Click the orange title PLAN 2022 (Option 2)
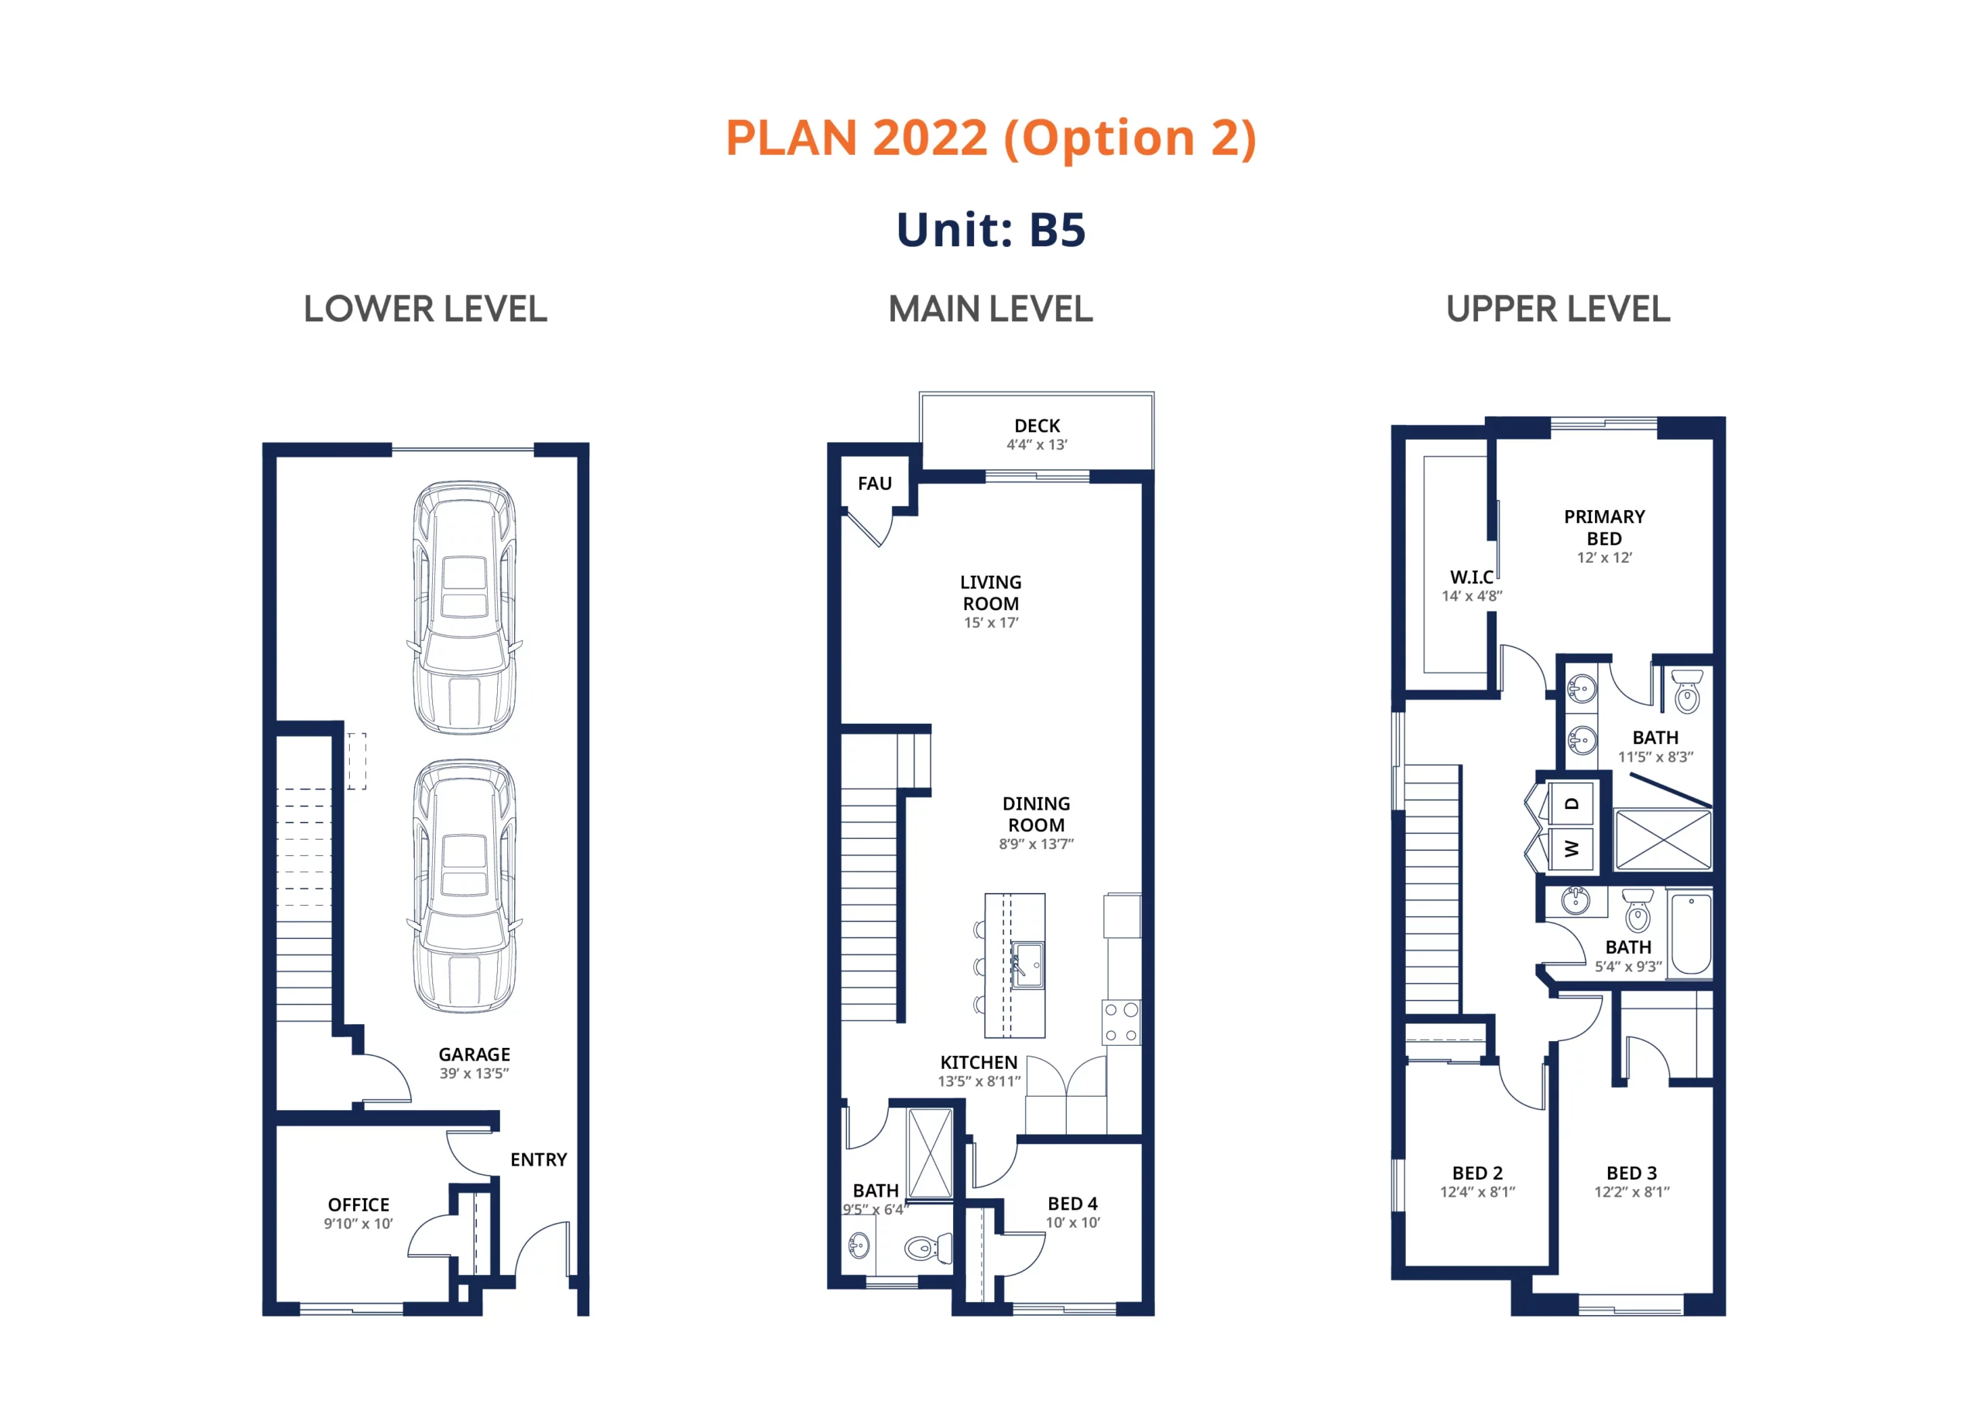990,138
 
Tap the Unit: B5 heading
990,230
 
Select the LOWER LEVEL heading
425,309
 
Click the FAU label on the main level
874,484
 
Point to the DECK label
1037,426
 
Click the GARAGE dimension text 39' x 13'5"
474,1073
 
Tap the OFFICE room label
358,1204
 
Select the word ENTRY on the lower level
539,1160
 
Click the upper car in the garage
465,608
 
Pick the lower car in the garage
465,885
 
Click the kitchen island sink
1027,964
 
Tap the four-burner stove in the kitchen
1121,1022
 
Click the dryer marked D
1572,803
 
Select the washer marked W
1572,848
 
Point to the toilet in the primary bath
1687,690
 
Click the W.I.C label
1472,577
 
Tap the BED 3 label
1631,1173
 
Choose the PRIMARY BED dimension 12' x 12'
1604,557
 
